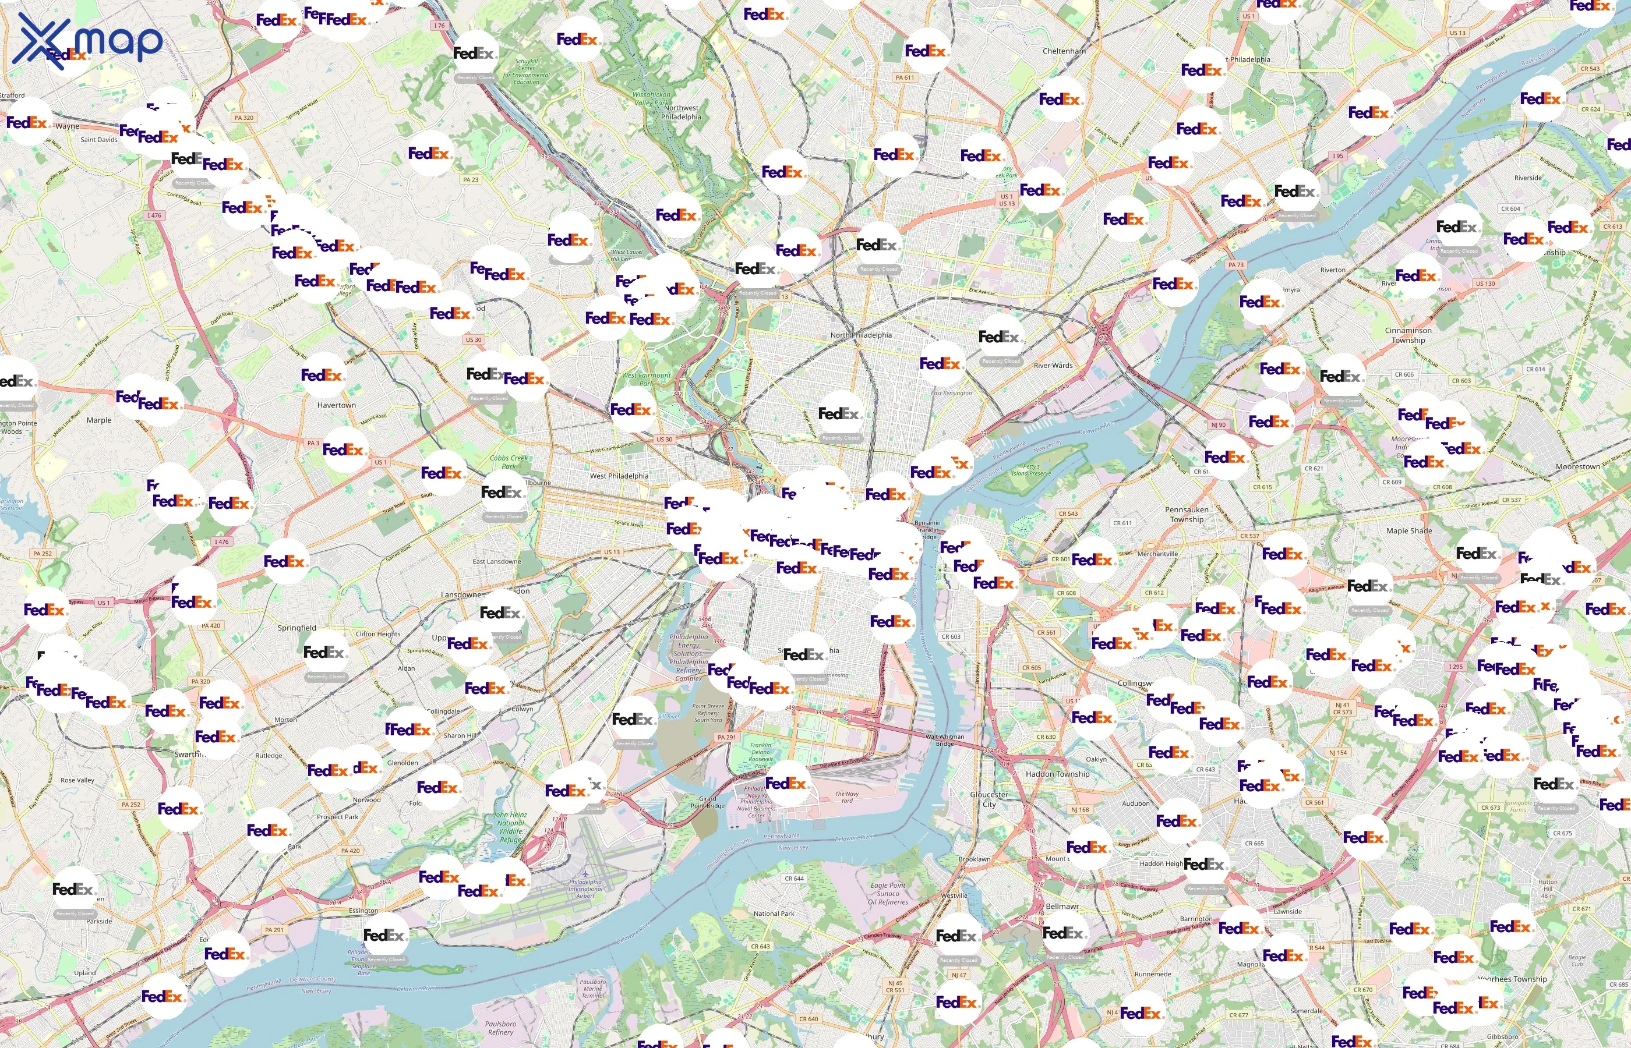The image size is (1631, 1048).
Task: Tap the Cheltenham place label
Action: coord(1064,51)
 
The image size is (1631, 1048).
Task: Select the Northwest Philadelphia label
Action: coord(681,112)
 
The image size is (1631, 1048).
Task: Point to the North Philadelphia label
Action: coord(860,335)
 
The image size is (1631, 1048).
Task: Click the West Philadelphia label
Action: coord(619,476)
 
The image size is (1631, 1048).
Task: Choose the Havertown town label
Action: coord(336,405)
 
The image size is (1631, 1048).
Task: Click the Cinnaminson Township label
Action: coord(1408,335)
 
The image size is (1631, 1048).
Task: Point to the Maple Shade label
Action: coord(1409,531)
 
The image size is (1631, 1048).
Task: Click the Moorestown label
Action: coord(1577,467)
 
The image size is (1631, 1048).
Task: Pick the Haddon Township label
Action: coord(1057,774)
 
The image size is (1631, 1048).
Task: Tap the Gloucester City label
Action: coord(989,799)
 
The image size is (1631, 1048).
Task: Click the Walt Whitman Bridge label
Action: coord(944,740)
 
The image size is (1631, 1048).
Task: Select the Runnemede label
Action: coord(1152,974)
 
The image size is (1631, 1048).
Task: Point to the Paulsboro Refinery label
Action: coord(500,1028)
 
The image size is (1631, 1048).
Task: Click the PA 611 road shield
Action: coord(905,77)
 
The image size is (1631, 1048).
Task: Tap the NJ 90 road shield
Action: coord(1218,424)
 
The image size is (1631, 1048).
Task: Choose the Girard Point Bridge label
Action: coord(707,802)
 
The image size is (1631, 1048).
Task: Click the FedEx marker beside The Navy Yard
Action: coord(786,783)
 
